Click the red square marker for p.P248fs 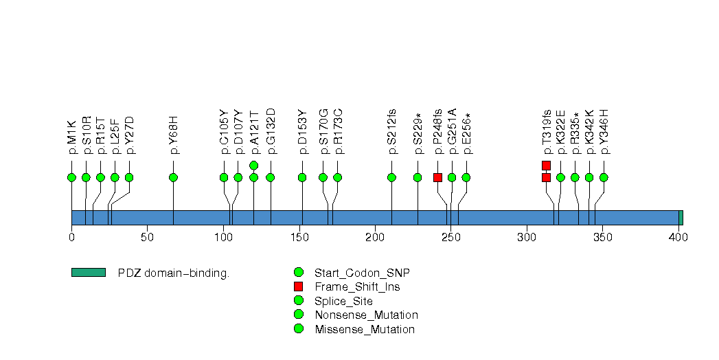437,177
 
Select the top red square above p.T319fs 546,165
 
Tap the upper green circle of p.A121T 253,165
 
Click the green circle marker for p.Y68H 173,177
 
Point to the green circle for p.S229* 418,177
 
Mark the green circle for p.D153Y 302,177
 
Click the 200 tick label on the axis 375,238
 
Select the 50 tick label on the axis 147,238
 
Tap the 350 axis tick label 603,238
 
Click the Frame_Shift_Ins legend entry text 356,286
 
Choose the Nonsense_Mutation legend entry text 365,315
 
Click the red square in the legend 298,286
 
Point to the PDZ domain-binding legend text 174,273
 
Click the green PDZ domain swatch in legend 88,273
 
